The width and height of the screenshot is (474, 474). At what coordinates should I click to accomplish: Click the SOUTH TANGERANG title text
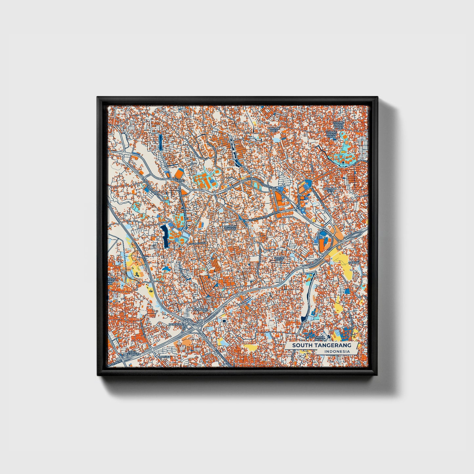[321, 345]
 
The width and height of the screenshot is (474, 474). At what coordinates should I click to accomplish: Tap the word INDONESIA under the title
[337, 352]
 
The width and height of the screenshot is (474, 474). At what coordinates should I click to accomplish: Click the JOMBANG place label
[201, 310]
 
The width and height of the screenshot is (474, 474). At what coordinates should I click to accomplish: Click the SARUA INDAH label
[320, 338]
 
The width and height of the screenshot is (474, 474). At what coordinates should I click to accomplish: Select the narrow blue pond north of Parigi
[160, 142]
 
